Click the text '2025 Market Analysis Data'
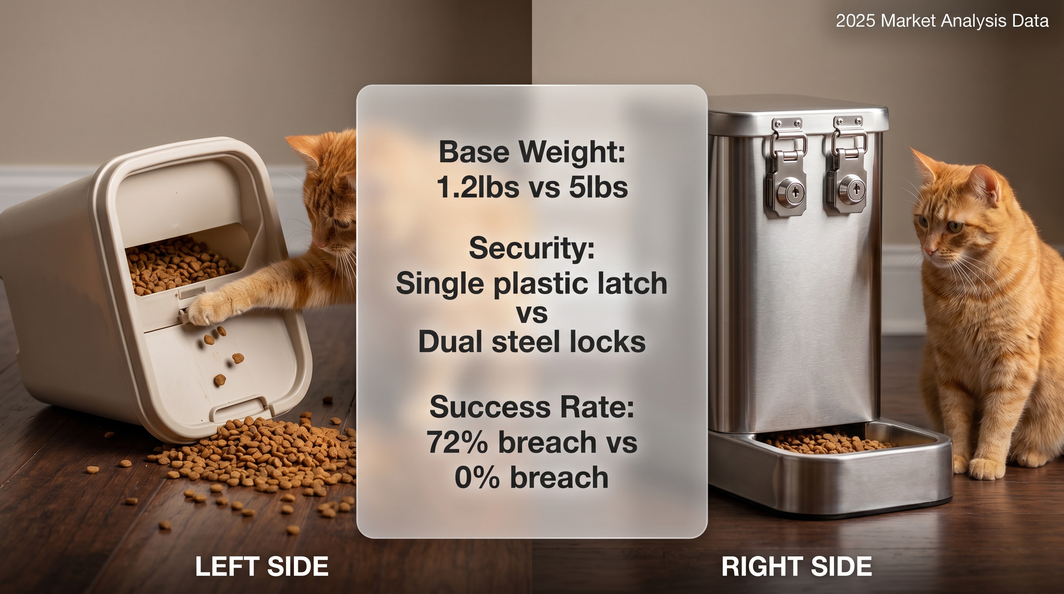pyautogui.click(x=942, y=21)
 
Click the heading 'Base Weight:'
pyautogui.click(x=532, y=152)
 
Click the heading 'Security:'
pyautogui.click(x=532, y=249)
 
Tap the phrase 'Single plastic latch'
pyautogui.click(x=532, y=284)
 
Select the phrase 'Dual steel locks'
pyautogui.click(x=532, y=341)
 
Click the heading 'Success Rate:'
pyautogui.click(x=532, y=406)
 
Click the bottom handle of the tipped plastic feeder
pyautogui.click(x=242, y=411)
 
